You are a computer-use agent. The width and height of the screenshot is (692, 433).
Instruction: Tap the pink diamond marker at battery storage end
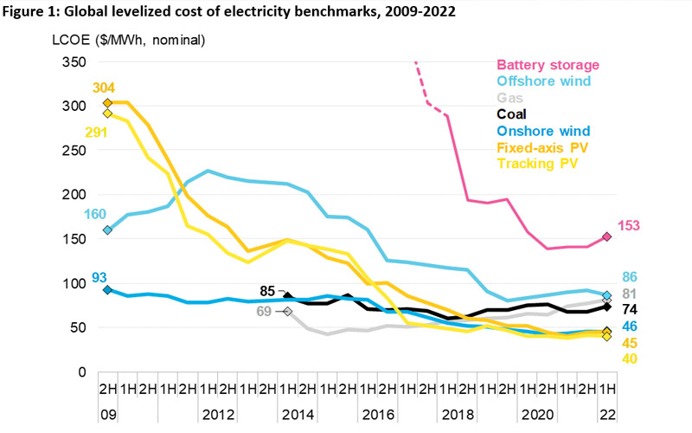click(607, 236)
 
